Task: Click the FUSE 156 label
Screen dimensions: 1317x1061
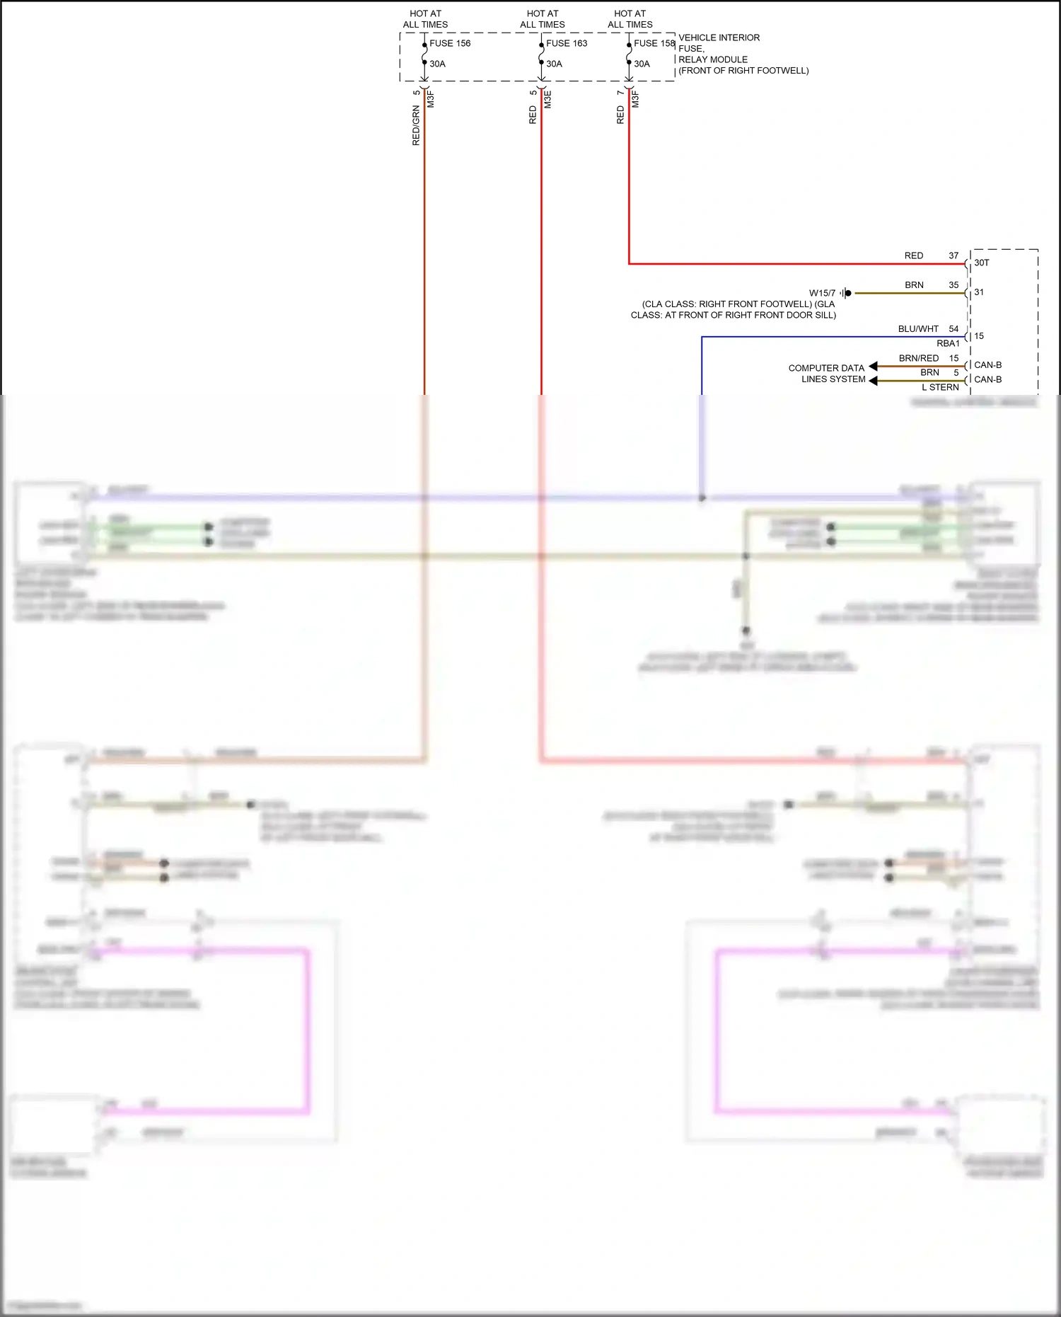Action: [450, 43]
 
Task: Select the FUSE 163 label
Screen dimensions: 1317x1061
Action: [567, 43]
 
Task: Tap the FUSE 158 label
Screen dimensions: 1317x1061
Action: [654, 43]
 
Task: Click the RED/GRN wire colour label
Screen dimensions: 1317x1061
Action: [416, 125]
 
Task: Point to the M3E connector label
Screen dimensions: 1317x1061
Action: [547, 99]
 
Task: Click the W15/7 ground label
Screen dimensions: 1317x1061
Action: [822, 293]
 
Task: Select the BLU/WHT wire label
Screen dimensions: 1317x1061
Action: [918, 329]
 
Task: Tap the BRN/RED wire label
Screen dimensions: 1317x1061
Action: [919, 358]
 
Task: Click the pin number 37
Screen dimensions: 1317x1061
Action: [953, 255]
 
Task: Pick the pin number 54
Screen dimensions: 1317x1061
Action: [953, 329]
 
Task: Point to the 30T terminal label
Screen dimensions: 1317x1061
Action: [982, 263]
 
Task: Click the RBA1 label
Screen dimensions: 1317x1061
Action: [948, 343]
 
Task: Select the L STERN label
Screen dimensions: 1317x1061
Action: [940, 387]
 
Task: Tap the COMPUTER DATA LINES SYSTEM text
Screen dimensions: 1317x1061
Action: [827, 374]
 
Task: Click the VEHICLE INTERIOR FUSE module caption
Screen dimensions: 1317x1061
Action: [743, 54]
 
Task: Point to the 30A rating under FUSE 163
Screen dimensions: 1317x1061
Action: [554, 64]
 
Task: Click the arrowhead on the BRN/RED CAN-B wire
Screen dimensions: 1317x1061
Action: [874, 366]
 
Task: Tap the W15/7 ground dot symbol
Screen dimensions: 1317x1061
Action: [848, 293]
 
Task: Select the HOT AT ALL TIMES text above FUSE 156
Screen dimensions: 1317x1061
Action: [425, 19]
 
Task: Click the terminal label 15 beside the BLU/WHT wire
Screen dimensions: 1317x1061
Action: [979, 336]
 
